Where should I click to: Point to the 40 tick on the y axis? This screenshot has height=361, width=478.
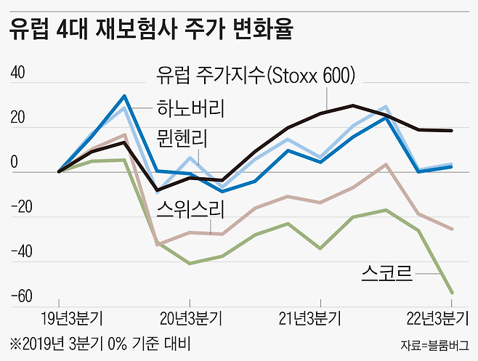coord(17,73)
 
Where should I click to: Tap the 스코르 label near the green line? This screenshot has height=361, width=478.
coord(386,272)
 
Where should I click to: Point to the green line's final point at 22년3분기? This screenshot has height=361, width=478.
coord(452,293)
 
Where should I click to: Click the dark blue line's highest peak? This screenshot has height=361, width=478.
coord(124,96)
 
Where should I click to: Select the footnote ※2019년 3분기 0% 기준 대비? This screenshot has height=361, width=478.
coord(102,342)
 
